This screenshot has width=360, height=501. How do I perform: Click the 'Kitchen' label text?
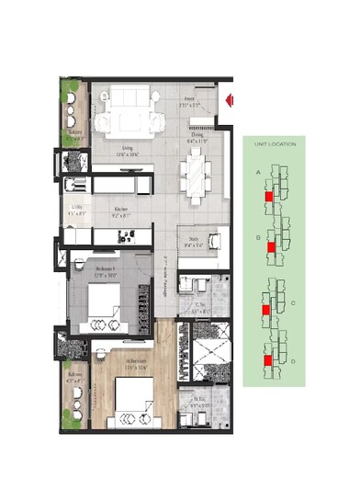121,210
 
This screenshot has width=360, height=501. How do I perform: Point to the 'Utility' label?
78,210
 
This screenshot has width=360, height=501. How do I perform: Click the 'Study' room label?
194,240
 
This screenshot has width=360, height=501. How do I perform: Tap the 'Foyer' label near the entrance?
189,99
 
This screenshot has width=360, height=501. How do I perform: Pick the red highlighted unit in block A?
268,195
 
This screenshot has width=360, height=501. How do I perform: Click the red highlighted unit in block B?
271,247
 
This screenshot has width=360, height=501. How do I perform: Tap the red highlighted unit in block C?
265,311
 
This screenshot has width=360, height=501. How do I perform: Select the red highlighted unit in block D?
266,361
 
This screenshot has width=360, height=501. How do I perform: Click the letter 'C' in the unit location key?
292,302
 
